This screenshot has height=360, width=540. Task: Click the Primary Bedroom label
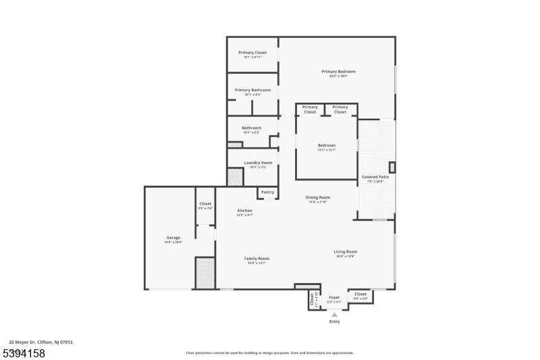tap(338, 71)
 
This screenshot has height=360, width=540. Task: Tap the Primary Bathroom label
tap(252, 90)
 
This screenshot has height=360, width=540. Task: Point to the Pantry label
tap(267, 192)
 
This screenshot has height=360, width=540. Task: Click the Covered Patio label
tap(375, 177)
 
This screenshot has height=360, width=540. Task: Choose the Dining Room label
tap(317, 197)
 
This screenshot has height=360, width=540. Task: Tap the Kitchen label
tap(244, 211)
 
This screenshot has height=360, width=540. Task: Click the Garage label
tap(173, 238)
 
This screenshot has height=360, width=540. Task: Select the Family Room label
tap(256, 259)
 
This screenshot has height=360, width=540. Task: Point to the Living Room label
tap(345, 252)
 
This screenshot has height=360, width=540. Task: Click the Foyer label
tap(334, 297)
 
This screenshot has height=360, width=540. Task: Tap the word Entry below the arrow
tap(334, 322)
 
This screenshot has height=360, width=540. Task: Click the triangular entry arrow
tap(334, 314)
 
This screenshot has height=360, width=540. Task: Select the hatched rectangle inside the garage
tap(205, 273)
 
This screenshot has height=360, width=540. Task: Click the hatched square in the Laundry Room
tap(234, 177)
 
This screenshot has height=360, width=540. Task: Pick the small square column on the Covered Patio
tap(392, 167)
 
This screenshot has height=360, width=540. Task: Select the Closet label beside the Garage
tap(205, 204)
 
